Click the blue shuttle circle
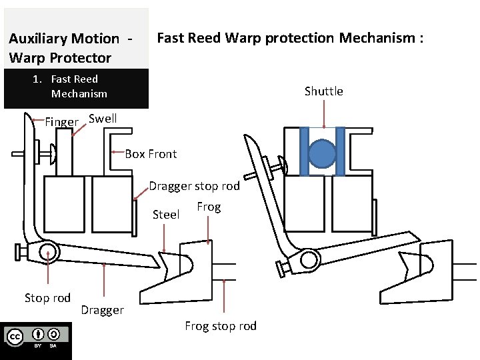pyautogui.click(x=323, y=153)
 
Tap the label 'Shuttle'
pyautogui.click(x=323, y=91)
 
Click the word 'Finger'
pyautogui.click(x=61, y=122)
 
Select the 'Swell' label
pyautogui.click(x=103, y=119)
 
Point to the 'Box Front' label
pyautogui.click(x=151, y=154)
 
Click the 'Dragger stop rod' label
pyautogui.click(x=193, y=187)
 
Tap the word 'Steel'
pyautogui.click(x=166, y=215)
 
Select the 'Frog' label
pyautogui.click(x=209, y=207)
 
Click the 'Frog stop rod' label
pyautogui.click(x=220, y=325)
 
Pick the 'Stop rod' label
pyautogui.click(x=47, y=297)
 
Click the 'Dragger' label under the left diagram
pyautogui.click(x=102, y=310)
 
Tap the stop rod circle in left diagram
pyautogui.click(x=47, y=252)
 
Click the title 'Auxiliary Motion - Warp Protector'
pyautogui.click(x=70, y=48)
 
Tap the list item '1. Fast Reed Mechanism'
pyautogui.click(x=74, y=87)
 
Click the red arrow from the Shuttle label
pyautogui.click(x=324, y=113)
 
